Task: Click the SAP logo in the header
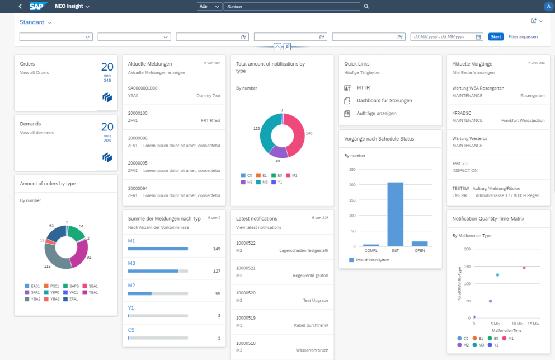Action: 39,6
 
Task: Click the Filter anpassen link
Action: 523,37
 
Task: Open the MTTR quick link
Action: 363,88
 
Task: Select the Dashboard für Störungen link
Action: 384,101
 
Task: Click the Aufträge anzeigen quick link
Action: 377,113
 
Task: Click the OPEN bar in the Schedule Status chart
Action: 420,244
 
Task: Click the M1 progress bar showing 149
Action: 158,249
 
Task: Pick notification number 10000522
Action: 246,243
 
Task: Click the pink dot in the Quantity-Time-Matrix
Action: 524,268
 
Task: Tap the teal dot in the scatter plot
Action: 497,275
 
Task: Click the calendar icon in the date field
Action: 478,37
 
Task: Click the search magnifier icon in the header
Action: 366,6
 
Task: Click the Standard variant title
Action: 32,22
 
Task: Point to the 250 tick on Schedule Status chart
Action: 352,169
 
